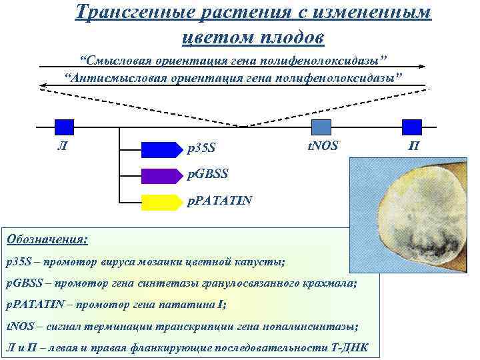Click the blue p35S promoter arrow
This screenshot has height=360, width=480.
click(x=161, y=149)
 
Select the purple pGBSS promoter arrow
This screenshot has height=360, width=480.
click(x=161, y=175)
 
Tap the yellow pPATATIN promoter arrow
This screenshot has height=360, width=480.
click(x=161, y=201)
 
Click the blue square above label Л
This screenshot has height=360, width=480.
click(x=64, y=127)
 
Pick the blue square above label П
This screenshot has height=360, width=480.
click(x=413, y=127)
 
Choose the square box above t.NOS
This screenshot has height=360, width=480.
click(x=321, y=127)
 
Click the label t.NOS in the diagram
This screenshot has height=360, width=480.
click(x=322, y=145)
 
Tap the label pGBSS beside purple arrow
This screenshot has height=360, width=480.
click(x=207, y=174)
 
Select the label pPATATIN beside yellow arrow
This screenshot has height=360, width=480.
click(x=219, y=200)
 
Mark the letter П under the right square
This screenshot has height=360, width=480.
click(x=413, y=145)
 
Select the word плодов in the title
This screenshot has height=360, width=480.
click(x=292, y=37)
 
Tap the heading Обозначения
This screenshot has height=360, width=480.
click(x=46, y=238)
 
